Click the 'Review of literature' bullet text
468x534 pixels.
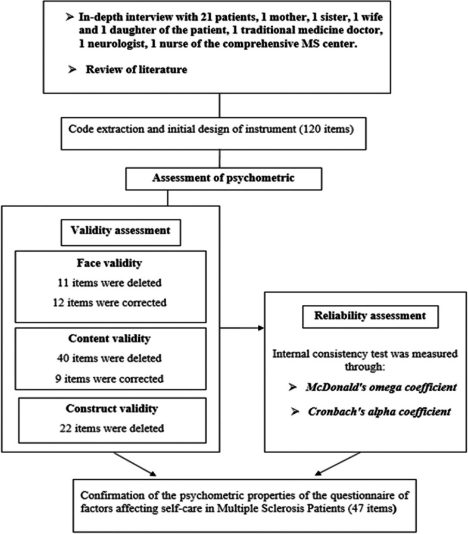tap(136, 70)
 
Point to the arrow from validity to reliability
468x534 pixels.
tap(242, 327)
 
